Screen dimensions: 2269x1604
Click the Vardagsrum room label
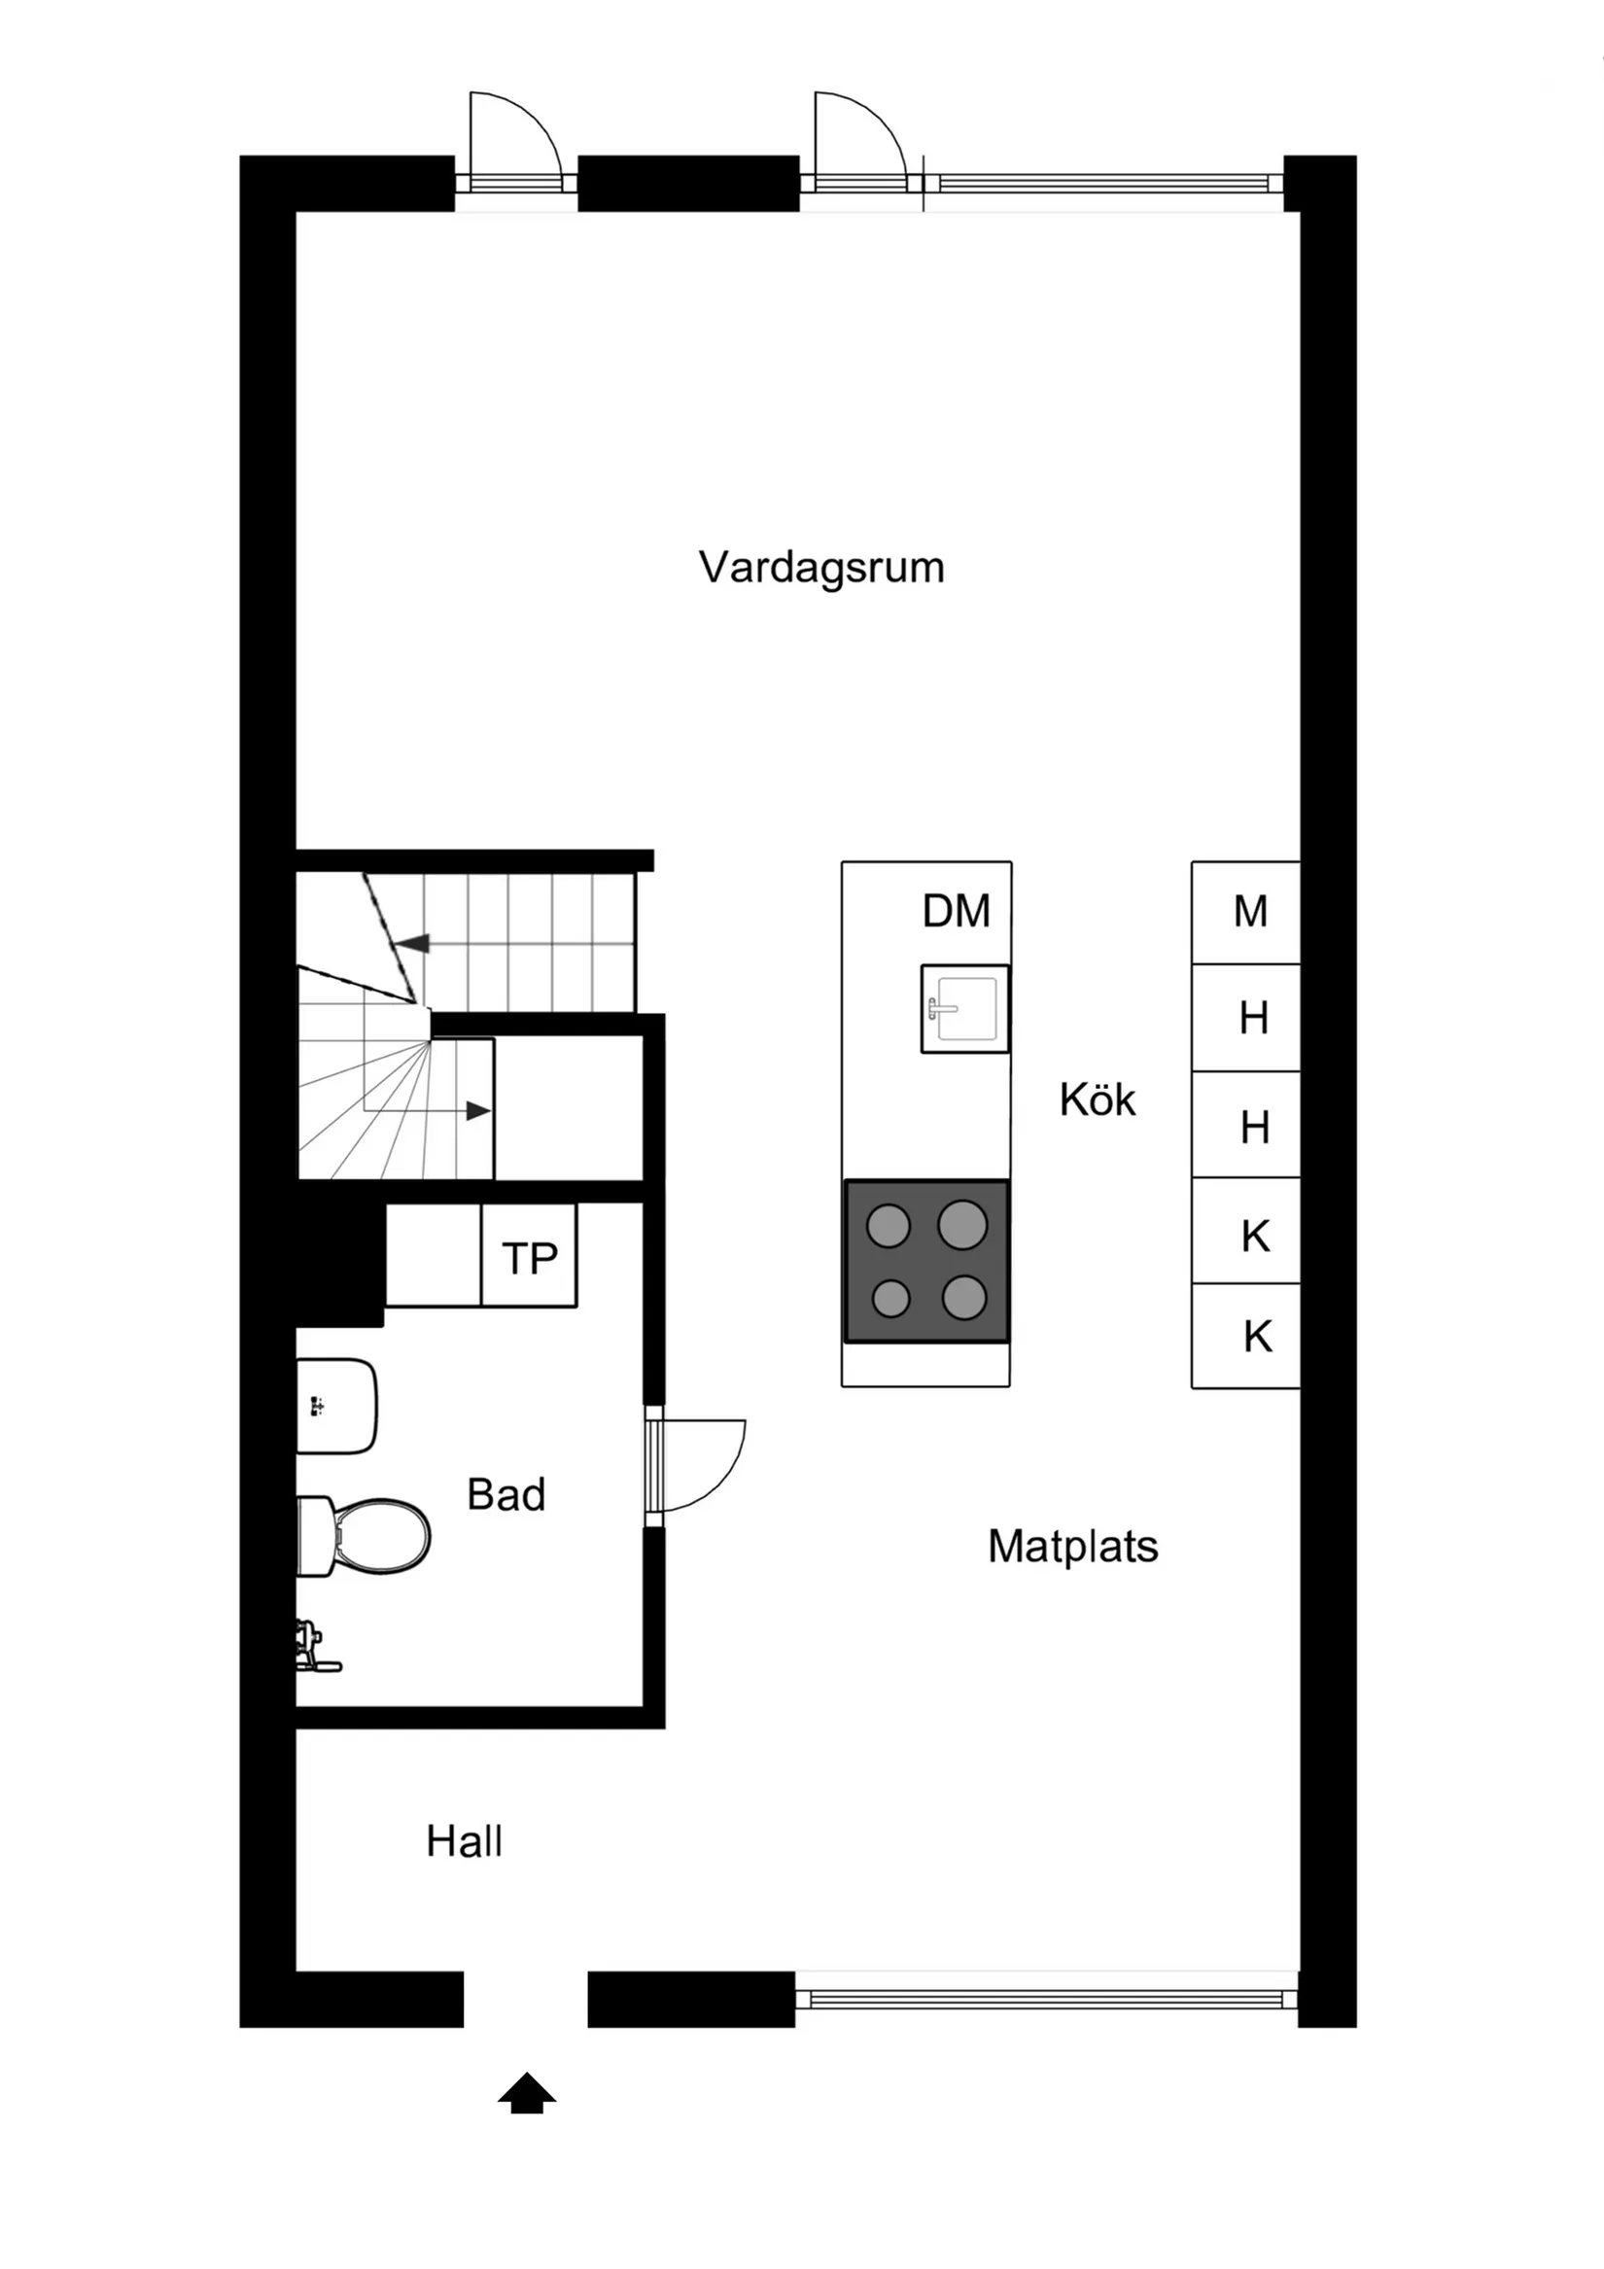click(821, 569)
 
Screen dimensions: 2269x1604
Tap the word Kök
click(1097, 1100)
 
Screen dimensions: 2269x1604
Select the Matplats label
click(1072, 1547)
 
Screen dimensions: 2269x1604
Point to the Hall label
click(464, 1842)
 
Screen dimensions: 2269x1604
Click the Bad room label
click(506, 1494)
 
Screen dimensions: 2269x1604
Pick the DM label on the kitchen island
click(956, 911)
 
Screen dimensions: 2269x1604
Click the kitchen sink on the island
click(964, 1008)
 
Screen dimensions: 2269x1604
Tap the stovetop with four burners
click(926, 1261)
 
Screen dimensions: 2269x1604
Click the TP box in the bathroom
click(529, 1258)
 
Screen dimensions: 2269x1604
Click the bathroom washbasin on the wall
click(336, 1405)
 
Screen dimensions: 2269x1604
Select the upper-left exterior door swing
click(514, 138)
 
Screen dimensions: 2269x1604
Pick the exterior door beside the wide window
click(857, 138)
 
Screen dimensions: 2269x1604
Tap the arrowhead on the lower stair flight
click(477, 1111)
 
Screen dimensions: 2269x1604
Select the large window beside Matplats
click(1046, 1998)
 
